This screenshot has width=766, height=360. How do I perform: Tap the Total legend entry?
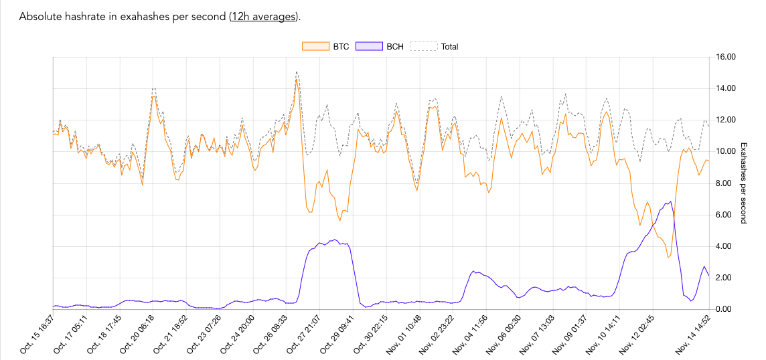[x=434, y=47]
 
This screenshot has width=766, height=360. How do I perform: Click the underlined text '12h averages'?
[x=264, y=17]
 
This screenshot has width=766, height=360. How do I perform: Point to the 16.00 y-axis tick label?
[x=726, y=57]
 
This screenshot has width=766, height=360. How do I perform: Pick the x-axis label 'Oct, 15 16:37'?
[x=37, y=333]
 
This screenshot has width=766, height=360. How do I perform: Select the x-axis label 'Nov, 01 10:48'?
[x=404, y=333]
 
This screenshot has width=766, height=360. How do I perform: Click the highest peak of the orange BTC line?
[x=296, y=80]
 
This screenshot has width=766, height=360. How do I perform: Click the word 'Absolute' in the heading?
[x=41, y=17]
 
